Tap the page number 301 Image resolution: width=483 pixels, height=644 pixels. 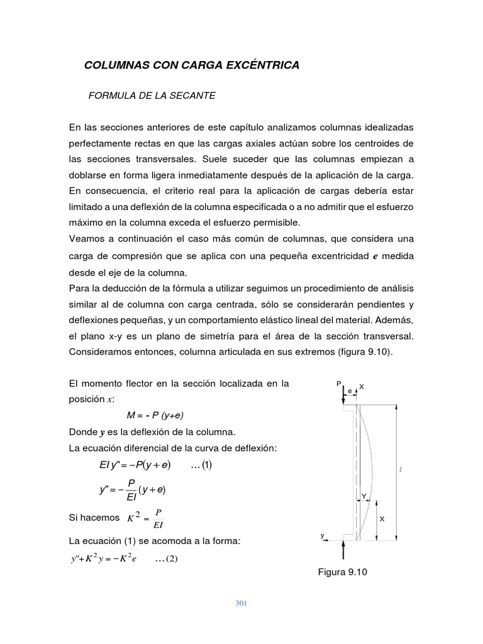click(x=241, y=604)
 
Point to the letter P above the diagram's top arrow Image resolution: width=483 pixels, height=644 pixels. click(x=338, y=383)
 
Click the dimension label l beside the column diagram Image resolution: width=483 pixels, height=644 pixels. click(x=401, y=470)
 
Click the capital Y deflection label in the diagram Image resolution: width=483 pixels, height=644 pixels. click(x=364, y=496)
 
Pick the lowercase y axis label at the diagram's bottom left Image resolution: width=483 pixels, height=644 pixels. click(x=323, y=535)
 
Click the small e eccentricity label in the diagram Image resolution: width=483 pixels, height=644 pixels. click(x=350, y=391)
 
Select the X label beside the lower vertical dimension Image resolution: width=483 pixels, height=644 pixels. click(x=382, y=519)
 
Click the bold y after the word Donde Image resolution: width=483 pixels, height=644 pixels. click(x=103, y=432)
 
